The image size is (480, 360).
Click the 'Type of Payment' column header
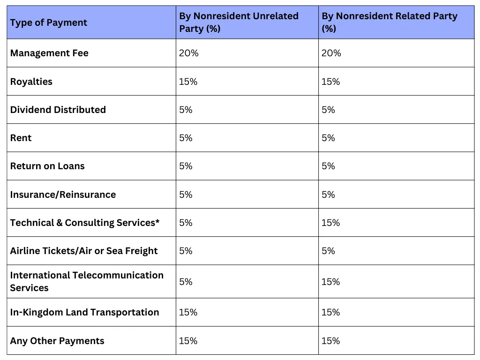(49, 22)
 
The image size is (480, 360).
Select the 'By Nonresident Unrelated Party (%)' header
(239, 22)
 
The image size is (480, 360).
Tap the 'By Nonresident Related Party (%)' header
(389, 22)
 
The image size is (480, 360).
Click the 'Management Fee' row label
(49, 53)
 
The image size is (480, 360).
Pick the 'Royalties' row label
(31, 82)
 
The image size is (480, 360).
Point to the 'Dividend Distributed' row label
(58, 110)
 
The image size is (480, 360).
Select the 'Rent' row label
(21, 138)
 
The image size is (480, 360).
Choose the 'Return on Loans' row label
(47, 166)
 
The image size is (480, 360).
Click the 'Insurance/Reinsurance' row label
(63, 195)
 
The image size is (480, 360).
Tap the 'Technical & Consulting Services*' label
(85, 223)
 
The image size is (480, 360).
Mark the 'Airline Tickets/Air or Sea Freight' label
(84, 251)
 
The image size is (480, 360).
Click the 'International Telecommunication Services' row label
(87, 281)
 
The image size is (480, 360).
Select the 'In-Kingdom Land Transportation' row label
(84, 312)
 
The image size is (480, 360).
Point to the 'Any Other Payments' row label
(57, 341)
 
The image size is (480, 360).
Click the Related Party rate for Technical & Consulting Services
(330, 223)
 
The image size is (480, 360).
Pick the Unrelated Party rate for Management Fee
(188, 53)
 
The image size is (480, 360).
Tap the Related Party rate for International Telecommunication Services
(330, 282)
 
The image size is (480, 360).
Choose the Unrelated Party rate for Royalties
(188, 82)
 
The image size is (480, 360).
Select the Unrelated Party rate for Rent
(186, 138)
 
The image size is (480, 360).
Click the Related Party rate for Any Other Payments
(330, 341)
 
